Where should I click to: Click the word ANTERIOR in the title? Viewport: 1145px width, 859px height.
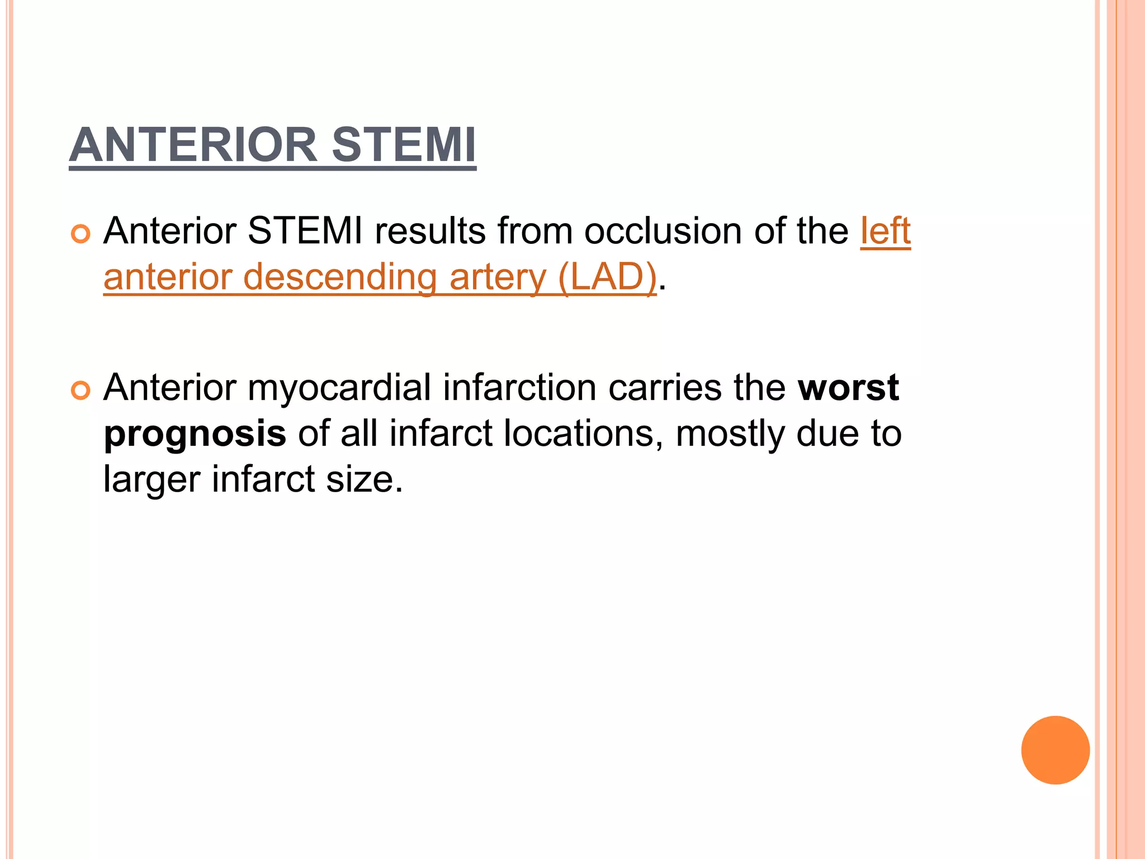[x=193, y=145]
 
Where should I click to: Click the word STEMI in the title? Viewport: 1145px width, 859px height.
[x=403, y=145]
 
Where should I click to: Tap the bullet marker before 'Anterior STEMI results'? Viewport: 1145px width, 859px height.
[x=81, y=234]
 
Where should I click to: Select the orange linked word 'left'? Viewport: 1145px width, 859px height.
[x=885, y=230]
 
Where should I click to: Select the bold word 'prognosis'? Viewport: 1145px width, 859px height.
[x=195, y=434]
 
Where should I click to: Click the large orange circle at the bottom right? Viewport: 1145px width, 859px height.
[x=1055, y=750]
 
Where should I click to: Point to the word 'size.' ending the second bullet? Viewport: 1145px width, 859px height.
[x=364, y=479]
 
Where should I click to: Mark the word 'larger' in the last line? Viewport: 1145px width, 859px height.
[x=152, y=479]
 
